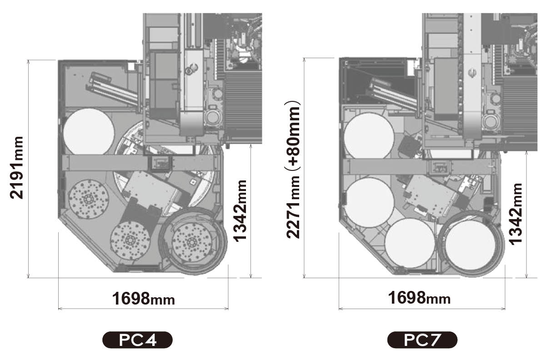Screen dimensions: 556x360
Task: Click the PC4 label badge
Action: (x=137, y=340)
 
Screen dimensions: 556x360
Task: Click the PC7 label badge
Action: (x=422, y=340)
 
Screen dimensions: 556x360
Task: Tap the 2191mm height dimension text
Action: (x=16, y=168)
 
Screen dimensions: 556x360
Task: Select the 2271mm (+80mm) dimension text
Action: (x=293, y=170)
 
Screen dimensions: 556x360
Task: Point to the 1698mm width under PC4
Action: (x=144, y=299)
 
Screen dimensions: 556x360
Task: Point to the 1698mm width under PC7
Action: (x=419, y=298)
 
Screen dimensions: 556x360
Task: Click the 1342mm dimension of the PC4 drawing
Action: (x=240, y=211)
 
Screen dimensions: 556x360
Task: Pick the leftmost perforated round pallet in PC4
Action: (x=88, y=199)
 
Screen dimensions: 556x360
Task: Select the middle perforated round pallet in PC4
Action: (x=130, y=240)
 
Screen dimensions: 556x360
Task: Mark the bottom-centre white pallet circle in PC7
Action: (x=410, y=243)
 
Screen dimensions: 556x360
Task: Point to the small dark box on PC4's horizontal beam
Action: (x=160, y=163)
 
